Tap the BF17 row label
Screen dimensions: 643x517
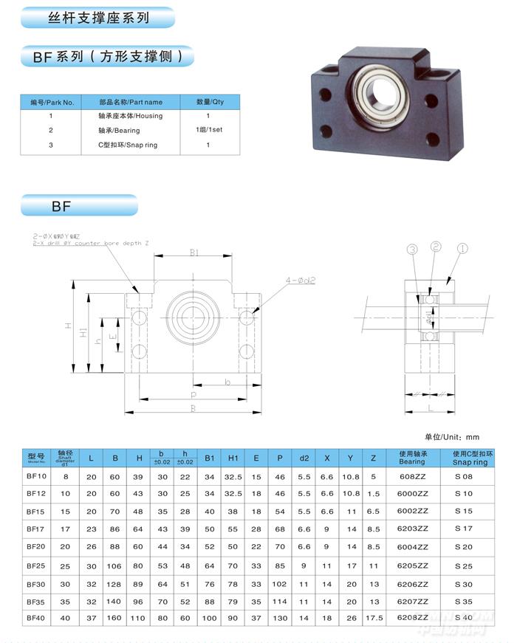coord(36,528)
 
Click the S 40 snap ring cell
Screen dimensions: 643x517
coord(464,617)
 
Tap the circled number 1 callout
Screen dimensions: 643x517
coord(462,249)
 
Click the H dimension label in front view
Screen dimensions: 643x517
coord(67,326)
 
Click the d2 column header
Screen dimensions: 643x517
coord(304,458)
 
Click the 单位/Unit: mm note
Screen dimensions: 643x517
coord(452,437)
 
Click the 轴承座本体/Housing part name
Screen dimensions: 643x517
coord(130,116)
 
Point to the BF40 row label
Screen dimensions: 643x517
coord(36,617)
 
